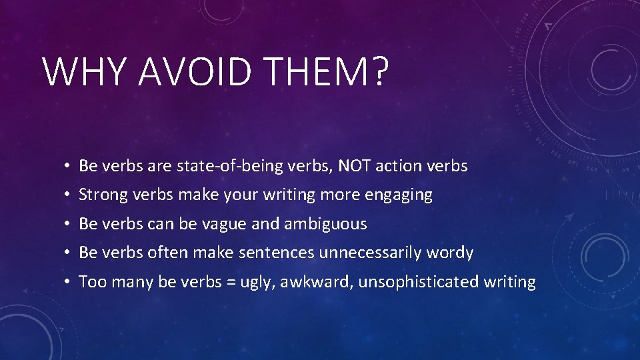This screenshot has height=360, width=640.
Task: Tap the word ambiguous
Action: pyautogui.click(x=325, y=224)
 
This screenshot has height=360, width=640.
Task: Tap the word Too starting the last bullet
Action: pyautogui.click(x=92, y=282)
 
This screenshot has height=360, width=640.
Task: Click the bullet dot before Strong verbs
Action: pyautogui.click(x=69, y=195)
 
